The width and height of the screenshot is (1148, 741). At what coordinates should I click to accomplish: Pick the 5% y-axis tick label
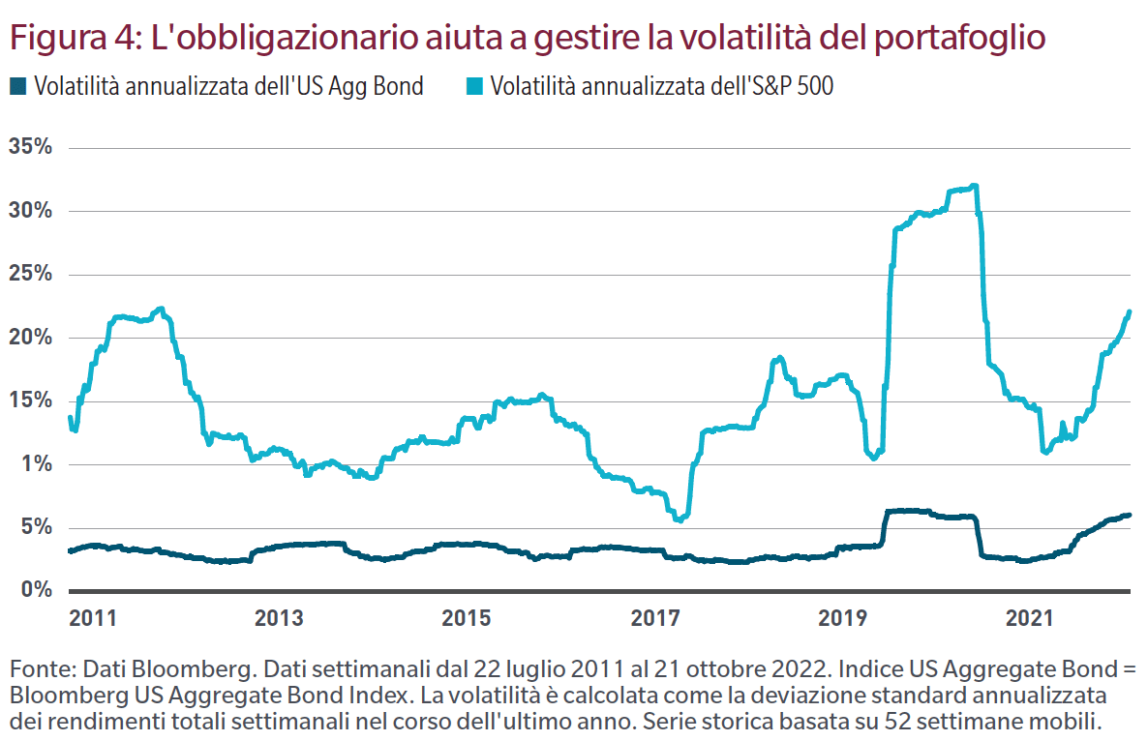[x=33, y=527]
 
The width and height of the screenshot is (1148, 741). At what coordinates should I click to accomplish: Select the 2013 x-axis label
[x=279, y=618]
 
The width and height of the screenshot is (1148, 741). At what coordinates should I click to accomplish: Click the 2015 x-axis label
[x=467, y=618]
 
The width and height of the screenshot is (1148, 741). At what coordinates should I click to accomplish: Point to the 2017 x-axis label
[x=654, y=618]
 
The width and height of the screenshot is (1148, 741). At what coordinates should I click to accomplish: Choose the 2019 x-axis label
[x=841, y=618]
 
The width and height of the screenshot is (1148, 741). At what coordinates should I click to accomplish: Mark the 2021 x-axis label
[x=1029, y=618]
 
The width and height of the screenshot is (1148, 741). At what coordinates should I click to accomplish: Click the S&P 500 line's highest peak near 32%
[x=974, y=186]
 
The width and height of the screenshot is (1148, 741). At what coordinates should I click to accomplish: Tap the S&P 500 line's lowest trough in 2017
[x=680, y=520]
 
